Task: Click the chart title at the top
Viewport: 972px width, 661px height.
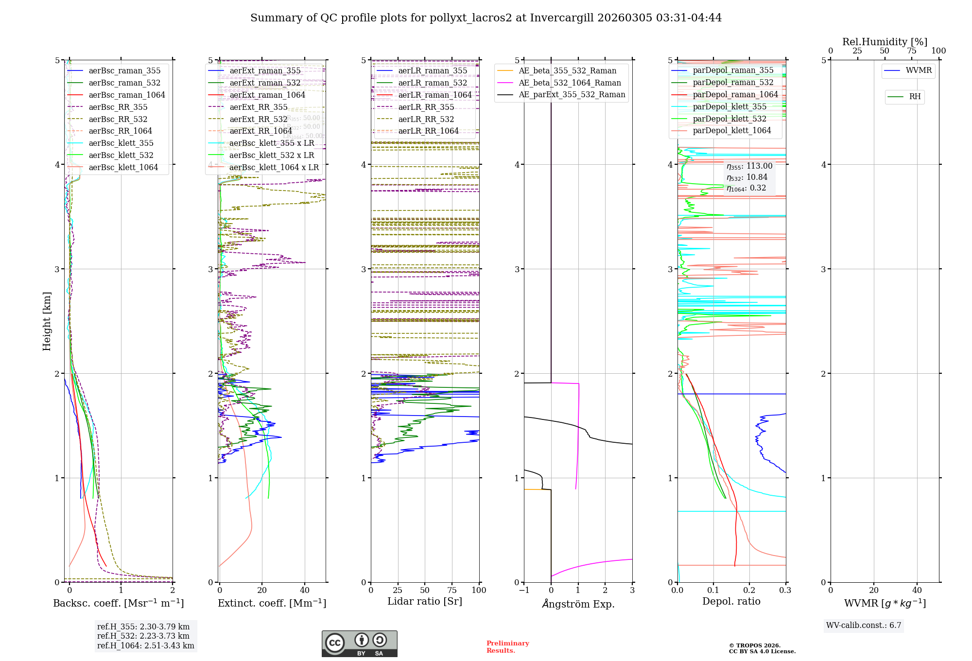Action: pyautogui.click(x=486, y=18)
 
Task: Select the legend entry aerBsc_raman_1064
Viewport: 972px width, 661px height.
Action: pyautogui.click(x=126, y=95)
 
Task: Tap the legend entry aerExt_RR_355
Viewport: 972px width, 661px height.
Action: pyautogui.click(x=258, y=107)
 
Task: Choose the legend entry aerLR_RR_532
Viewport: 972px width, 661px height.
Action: pyautogui.click(x=426, y=120)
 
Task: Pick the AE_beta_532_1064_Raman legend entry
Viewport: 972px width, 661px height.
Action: pyautogui.click(x=570, y=83)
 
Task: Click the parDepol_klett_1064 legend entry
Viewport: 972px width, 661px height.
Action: pyautogui.click(x=731, y=131)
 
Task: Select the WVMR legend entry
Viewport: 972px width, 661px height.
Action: pyautogui.click(x=919, y=70)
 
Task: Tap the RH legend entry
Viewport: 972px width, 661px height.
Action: pyautogui.click(x=915, y=97)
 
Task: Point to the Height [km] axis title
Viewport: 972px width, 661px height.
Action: pyautogui.click(x=47, y=321)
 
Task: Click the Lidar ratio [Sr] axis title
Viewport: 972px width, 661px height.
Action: pyautogui.click(x=425, y=602)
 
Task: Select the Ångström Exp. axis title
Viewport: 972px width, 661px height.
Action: pyautogui.click(x=578, y=604)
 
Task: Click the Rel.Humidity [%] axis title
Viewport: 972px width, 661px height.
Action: pyautogui.click(x=885, y=42)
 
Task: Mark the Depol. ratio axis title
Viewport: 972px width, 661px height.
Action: pyautogui.click(x=731, y=602)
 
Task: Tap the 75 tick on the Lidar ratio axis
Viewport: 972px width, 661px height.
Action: pyautogui.click(x=452, y=591)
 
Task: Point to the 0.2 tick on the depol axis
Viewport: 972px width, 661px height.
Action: pyautogui.click(x=749, y=591)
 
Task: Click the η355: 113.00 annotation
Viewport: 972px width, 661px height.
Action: pyautogui.click(x=749, y=166)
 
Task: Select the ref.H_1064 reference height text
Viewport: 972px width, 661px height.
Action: pyautogui.click(x=145, y=646)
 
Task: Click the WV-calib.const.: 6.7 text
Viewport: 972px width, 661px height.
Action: pyautogui.click(x=864, y=626)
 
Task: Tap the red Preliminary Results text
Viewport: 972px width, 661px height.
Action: pyautogui.click(x=507, y=647)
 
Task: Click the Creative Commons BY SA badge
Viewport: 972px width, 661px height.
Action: pyautogui.click(x=359, y=644)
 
